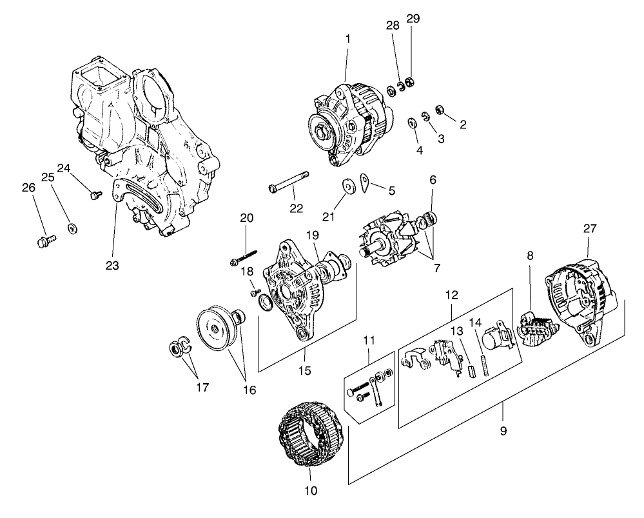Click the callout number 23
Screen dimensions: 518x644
pyautogui.click(x=113, y=264)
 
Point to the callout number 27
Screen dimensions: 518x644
pyautogui.click(x=590, y=228)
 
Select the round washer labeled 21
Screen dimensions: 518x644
pyautogui.click(x=349, y=186)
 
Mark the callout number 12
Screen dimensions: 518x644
pyautogui.click(x=451, y=295)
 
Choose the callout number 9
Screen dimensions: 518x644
pyautogui.click(x=503, y=431)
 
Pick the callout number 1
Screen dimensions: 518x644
pyautogui.click(x=348, y=39)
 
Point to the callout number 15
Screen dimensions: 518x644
pyautogui.click(x=306, y=370)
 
